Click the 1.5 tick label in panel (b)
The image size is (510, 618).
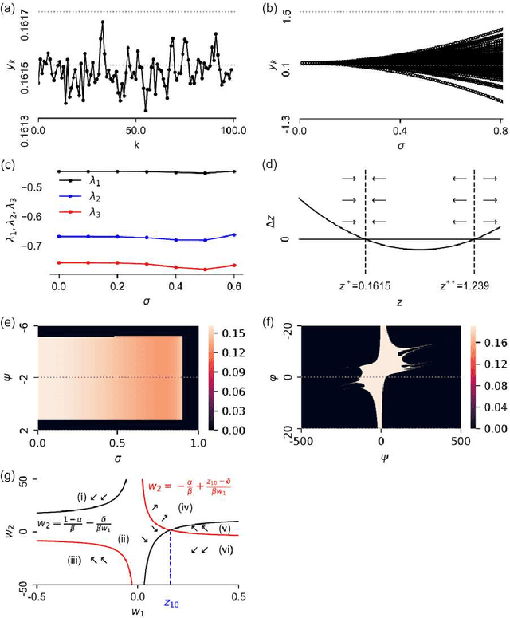point(281,13)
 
